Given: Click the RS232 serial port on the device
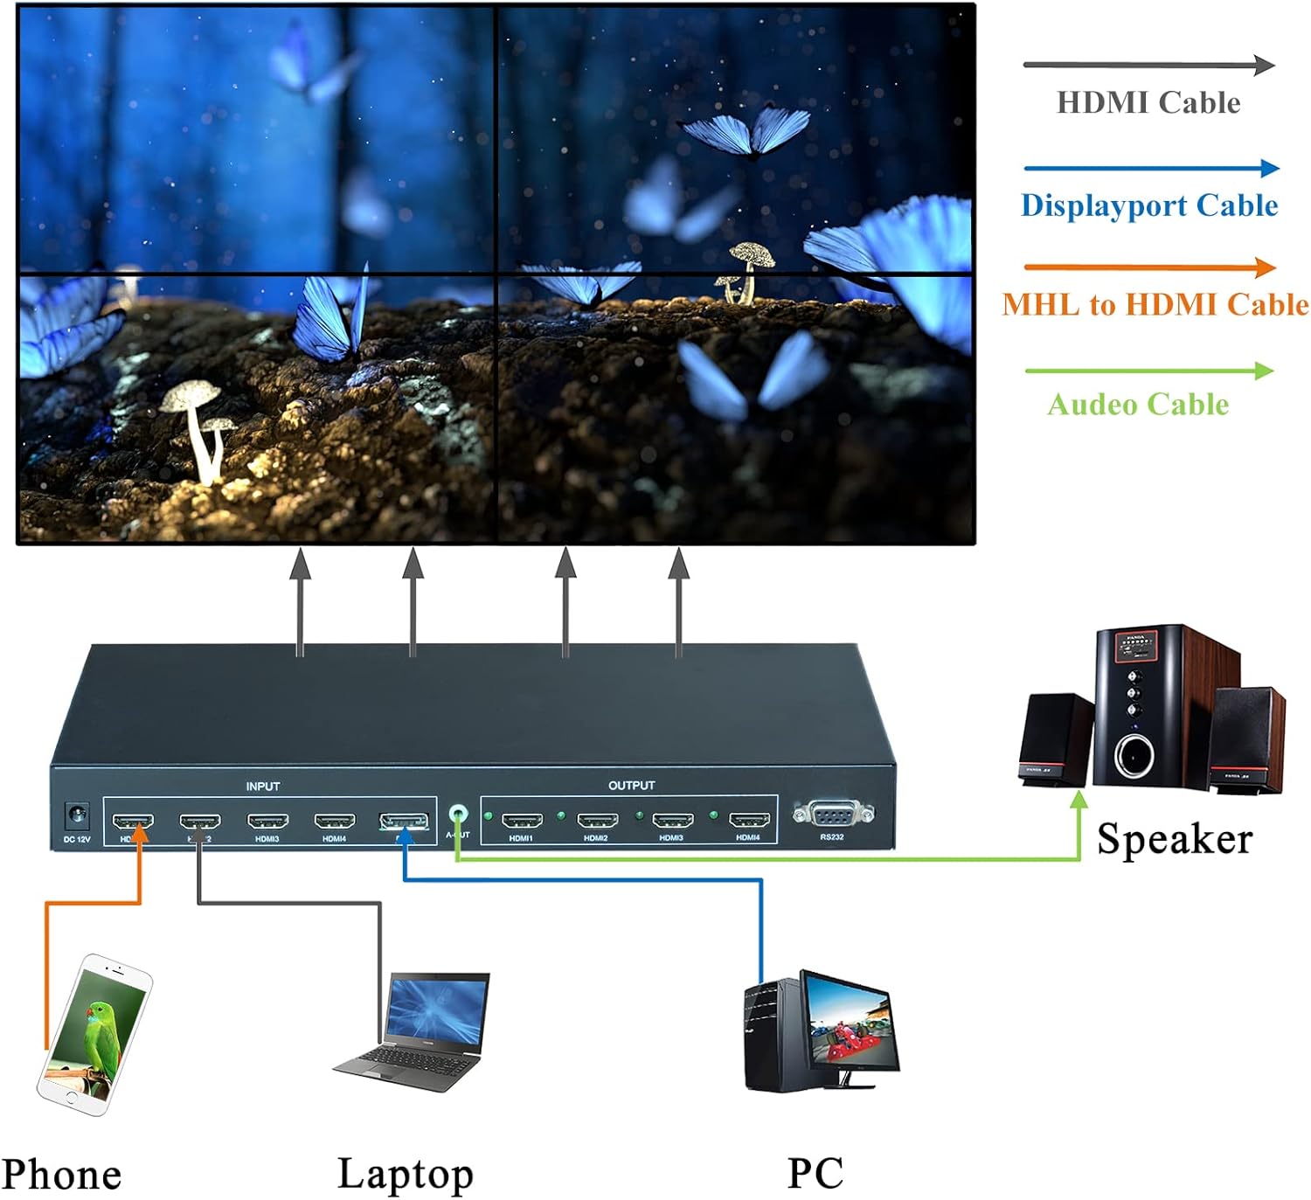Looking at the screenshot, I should coord(832,815).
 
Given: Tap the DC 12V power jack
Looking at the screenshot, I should coord(77,817).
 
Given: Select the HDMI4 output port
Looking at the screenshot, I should coord(748,821).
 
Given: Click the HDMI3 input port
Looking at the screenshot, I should coord(267,822).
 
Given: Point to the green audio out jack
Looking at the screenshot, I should coord(456,815).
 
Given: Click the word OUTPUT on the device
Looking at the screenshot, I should coord(631,786).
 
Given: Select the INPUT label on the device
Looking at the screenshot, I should coord(262,787).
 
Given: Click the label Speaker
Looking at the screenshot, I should coord(1174,839).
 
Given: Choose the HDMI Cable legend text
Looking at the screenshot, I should coord(1148,103).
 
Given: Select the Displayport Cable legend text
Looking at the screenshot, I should coord(1149,205).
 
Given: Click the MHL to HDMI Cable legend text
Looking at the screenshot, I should coord(1155,304).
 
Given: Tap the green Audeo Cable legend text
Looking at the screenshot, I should coord(1138,405).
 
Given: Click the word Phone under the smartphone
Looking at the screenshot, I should coord(61,1175).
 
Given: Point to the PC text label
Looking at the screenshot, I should coord(815,1173).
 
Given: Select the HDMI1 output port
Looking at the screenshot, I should coord(522,821).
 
